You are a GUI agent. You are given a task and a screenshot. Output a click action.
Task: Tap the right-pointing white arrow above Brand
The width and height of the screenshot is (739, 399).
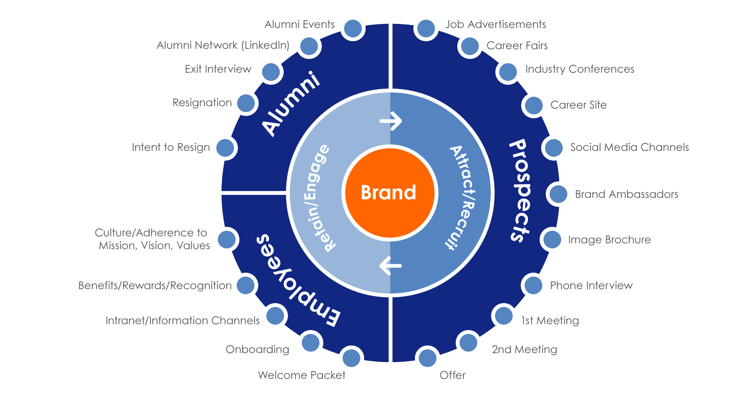click(x=391, y=121)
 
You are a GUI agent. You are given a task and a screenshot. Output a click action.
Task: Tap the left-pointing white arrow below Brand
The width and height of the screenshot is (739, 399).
click(x=390, y=266)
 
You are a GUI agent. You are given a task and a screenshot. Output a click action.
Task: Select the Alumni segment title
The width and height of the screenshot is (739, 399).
click(x=291, y=103)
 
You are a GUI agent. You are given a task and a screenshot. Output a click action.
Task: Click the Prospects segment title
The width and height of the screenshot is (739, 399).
click(x=520, y=191)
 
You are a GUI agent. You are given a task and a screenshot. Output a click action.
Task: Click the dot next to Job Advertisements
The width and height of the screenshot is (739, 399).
click(x=426, y=28)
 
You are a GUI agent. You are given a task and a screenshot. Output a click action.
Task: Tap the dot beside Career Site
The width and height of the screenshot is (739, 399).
click(x=534, y=105)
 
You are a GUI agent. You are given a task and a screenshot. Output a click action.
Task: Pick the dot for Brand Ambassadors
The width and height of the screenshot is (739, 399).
click(x=558, y=194)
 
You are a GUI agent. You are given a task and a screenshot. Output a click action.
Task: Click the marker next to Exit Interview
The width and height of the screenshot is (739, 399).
click(x=271, y=72)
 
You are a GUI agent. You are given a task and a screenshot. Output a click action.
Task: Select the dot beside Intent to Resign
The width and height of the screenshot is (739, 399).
click(x=225, y=148)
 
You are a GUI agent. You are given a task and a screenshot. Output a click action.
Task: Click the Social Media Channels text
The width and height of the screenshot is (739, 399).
click(x=629, y=148)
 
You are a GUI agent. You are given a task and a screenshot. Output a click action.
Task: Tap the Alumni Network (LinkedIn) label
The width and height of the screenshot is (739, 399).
click(x=223, y=45)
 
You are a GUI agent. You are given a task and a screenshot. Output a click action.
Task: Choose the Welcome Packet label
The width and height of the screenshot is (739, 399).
click(x=301, y=375)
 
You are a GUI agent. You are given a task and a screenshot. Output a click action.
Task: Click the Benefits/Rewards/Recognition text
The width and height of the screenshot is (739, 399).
click(x=155, y=286)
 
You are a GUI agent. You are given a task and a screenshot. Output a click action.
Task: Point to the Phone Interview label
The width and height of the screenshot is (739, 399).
click(x=591, y=286)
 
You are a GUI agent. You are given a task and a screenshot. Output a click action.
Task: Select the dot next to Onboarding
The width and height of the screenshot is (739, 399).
click(x=310, y=342)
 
